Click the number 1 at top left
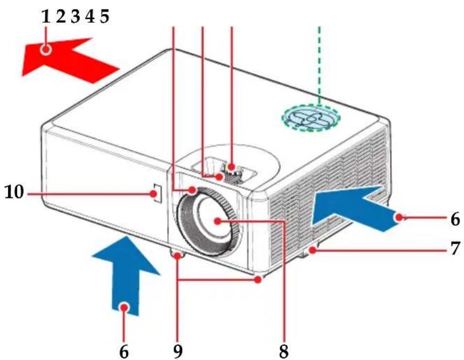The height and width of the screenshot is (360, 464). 46,16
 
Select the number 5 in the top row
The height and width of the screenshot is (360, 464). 104,16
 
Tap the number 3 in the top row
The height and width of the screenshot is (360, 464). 75,16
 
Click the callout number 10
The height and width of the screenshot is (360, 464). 14,192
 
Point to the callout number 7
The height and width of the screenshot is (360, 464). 456,248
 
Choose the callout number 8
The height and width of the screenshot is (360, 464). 283,352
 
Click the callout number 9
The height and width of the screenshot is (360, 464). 177,352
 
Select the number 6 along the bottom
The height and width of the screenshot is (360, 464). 124,352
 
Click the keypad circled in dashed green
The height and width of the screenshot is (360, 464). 311,117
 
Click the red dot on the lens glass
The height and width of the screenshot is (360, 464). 218,221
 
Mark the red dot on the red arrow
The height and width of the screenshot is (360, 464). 46,49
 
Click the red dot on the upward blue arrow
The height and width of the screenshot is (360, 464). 124,307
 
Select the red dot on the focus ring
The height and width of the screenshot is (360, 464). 192,189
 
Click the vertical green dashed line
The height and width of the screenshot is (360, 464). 320,66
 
